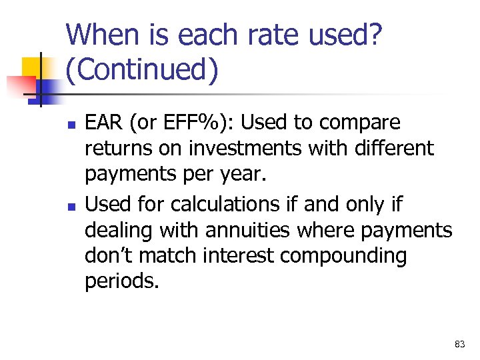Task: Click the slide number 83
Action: pos(459,344)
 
